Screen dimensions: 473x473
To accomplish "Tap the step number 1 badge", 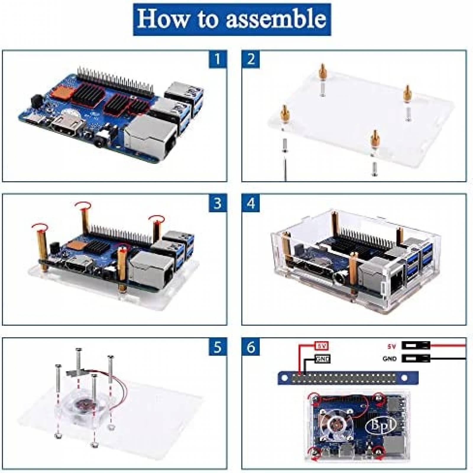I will [218, 59].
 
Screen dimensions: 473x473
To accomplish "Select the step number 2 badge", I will [251, 59].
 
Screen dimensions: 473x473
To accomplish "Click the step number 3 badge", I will [218, 203].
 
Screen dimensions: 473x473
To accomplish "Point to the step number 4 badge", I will [251, 203].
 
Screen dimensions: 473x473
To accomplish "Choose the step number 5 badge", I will [218, 347].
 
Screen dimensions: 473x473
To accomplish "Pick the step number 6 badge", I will [251, 347].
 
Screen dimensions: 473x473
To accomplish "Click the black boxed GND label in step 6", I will [322, 359].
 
